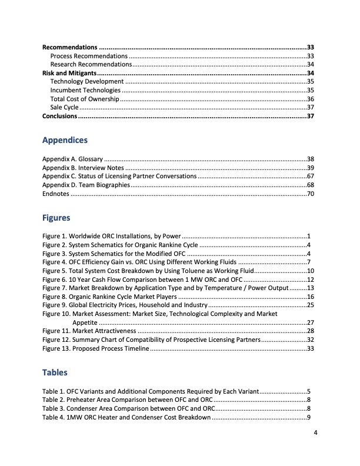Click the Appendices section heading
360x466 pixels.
[65, 141]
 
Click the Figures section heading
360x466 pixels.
[56, 218]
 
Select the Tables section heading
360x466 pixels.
[55, 372]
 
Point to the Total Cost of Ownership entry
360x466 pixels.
[85, 99]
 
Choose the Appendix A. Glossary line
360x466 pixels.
[73, 159]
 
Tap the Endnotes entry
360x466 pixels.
[56, 194]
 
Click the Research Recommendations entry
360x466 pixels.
[91, 64]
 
